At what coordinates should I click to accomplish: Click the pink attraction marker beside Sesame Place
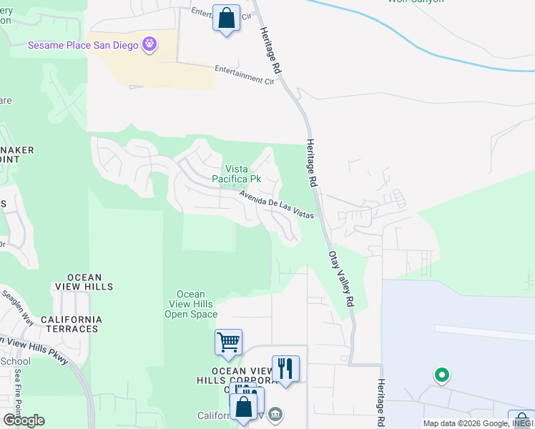(149, 44)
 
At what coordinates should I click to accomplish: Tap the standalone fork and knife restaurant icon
(285, 369)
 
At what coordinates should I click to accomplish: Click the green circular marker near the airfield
(442, 375)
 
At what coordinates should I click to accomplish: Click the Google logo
(24, 420)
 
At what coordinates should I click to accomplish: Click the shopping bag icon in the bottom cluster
(243, 408)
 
